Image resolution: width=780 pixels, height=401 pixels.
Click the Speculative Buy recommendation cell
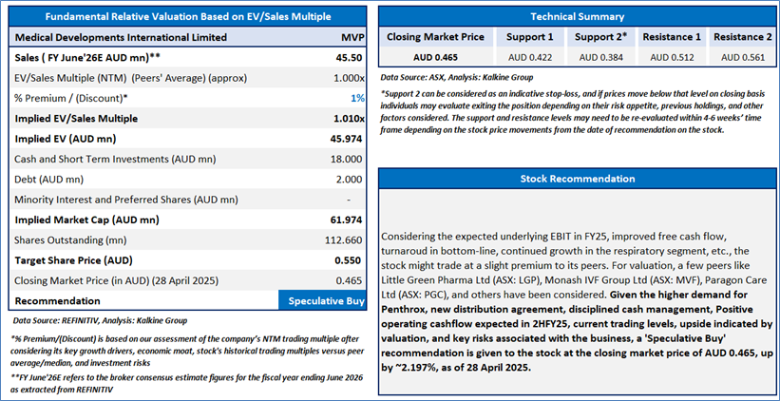click(x=321, y=300)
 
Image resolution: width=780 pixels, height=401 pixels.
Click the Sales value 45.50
click(x=350, y=57)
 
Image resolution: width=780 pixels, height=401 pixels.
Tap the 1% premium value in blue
click(x=357, y=98)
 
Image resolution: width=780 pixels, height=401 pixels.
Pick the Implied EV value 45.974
click(x=346, y=139)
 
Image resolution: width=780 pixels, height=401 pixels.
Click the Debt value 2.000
click(x=350, y=179)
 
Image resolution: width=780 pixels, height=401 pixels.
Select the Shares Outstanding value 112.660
click(x=344, y=239)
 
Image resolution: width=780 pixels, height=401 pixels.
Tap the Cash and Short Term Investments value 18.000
click(x=347, y=159)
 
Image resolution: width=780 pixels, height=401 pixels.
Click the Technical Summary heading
click(x=577, y=17)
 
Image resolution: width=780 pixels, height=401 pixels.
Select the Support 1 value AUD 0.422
click(x=534, y=57)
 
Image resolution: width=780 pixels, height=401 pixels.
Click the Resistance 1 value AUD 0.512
click(x=672, y=57)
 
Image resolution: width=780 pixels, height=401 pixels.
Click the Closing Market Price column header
click(x=436, y=37)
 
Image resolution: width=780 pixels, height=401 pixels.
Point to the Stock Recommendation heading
click(x=577, y=179)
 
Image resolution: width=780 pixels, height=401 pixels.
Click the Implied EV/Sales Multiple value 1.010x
click(x=346, y=119)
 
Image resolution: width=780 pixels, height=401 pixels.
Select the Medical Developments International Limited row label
click(x=121, y=37)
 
